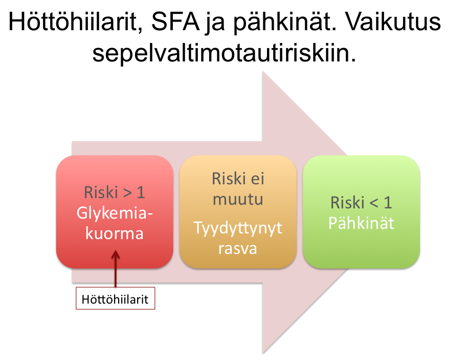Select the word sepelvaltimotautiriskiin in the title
tap(224, 54)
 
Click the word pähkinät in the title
tap(285, 23)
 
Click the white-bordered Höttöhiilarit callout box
tap(115, 298)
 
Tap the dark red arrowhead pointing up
tap(115, 254)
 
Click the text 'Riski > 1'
tap(115, 192)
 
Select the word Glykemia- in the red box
tap(115, 213)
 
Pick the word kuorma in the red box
tap(115, 233)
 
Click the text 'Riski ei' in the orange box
tap(238, 179)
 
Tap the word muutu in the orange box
tap(238, 199)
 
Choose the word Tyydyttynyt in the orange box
tap(238, 228)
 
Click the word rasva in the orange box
tap(238, 249)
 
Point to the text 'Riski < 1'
tap(361, 203)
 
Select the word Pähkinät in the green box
tap(361, 223)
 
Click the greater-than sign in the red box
tap(127, 193)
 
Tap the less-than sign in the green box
tap(374, 203)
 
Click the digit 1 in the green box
tap(388, 203)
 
